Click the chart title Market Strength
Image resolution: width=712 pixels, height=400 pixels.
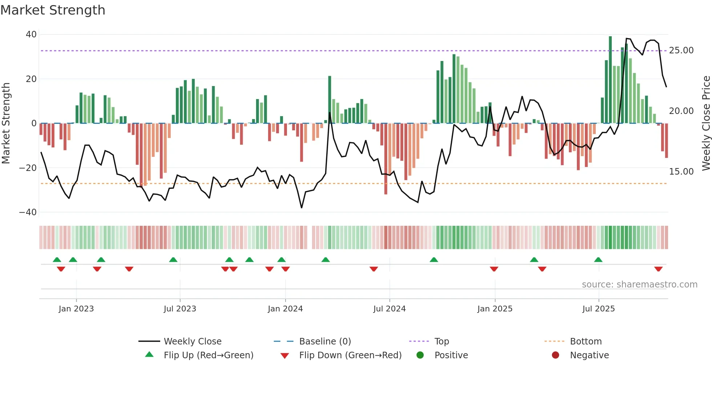(x=53, y=10)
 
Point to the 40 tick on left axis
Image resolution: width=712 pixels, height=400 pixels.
(x=31, y=34)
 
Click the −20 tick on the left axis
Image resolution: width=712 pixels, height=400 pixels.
(x=28, y=168)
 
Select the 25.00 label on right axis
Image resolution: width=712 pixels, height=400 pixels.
(x=681, y=50)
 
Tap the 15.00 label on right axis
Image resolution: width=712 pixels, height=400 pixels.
(x=681, y=171)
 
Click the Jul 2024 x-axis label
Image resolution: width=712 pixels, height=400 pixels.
(x=389, y=309)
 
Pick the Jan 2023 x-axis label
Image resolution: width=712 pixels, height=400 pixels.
(x=76, y=309)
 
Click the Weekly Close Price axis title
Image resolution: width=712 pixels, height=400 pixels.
(x=706, y=123)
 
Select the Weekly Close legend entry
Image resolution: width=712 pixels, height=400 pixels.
(x=192, y=341)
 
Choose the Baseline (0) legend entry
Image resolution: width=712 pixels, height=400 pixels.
(x=325, y=341)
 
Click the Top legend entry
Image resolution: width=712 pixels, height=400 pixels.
(x=441, y=341)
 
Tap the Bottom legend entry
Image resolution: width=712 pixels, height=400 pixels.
(x=586, y=341)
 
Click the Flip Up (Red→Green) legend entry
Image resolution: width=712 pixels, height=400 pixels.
(x=208, y=355)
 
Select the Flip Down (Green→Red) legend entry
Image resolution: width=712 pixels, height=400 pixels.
(x=350, y=355)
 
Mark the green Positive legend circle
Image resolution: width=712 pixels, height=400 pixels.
(x=420, y=355)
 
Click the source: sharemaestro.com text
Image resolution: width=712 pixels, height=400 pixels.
(x=639, y=284)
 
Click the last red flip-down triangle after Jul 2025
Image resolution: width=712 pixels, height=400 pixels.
(x=658, y=269)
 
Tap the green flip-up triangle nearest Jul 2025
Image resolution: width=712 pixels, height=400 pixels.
(x=598, y=260)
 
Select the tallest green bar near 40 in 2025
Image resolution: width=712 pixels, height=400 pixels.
(x=610, y=80)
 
